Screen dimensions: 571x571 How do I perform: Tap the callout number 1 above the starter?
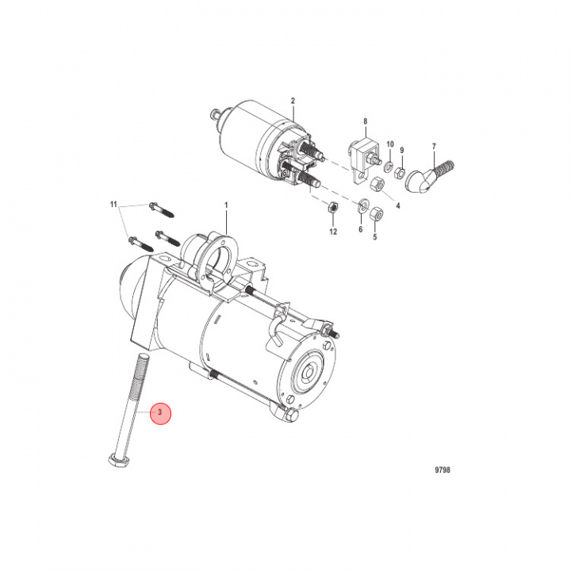click(226, 205)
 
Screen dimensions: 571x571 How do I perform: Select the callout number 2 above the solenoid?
click(293, 101)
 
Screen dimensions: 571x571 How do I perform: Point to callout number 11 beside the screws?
click(113, 205)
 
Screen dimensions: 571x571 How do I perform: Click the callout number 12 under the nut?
click(334, 232)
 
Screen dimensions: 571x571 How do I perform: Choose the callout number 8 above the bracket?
click(365, 121)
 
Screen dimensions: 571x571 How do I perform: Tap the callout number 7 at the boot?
click(434, 146)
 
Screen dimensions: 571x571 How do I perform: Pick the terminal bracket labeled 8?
click(361, 150)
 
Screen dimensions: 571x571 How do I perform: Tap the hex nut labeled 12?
click(334, 209)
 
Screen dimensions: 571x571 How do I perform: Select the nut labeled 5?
click(378, 213)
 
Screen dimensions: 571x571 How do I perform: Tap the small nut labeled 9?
click(401, 171)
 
